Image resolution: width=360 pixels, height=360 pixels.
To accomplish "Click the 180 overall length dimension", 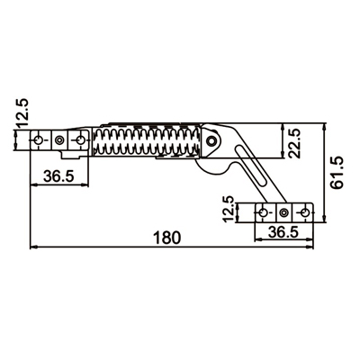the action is pyautogui.click(x=167, y=238).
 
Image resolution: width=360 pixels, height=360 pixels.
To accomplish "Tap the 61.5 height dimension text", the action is pyautogui.click(x=336, y=174).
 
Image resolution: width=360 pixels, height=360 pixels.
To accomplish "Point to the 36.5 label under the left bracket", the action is pyautogui.click(x=58, y=176).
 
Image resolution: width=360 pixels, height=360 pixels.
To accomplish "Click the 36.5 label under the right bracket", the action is pyautogui.click(x=283, y=232).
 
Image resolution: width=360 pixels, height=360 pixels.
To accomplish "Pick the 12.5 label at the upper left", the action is pyautogui.click(x=22, y=112).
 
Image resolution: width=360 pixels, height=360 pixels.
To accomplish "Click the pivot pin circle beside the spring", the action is pyautogui.click(x=212, y=140).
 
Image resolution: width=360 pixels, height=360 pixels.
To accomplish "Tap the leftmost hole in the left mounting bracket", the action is pyautogui.click(x=38, y=139).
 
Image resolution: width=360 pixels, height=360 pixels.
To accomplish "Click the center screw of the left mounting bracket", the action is pyautogui.click(x=60, y=140).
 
